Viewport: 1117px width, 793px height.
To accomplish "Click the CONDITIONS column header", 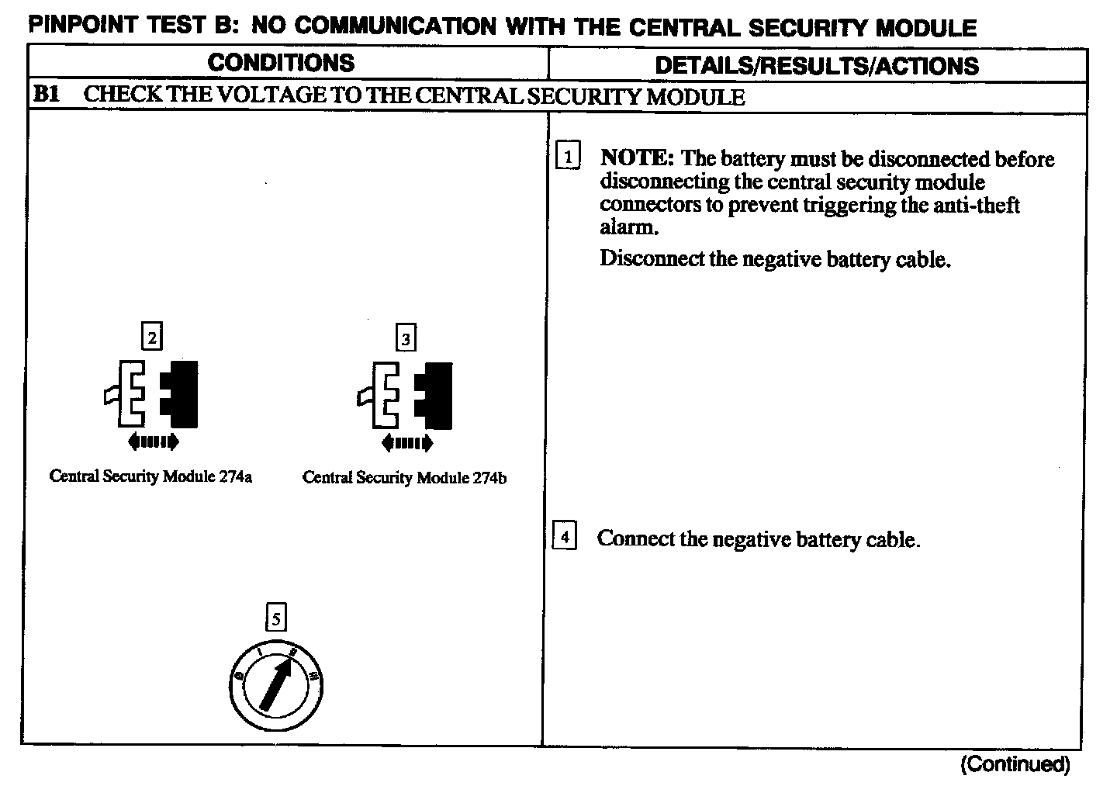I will (282, 63).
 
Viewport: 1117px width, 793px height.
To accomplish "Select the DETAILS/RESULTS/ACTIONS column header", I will (817, 65).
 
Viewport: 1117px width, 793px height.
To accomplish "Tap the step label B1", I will (47, 95).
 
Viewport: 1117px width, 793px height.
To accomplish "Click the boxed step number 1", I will (568, 158).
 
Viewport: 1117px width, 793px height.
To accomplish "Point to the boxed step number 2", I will (152, 337).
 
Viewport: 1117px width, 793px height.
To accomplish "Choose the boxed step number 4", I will (565, 537).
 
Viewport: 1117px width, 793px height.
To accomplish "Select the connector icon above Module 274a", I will (152, 394).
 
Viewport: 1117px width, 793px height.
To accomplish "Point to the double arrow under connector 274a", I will (153, 442).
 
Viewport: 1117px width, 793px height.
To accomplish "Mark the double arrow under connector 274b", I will (407, 443).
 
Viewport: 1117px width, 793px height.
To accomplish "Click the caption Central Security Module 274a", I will (150, 476).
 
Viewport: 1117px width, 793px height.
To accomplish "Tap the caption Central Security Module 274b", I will (405, 477).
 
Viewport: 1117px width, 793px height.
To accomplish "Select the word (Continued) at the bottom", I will (1015, 765).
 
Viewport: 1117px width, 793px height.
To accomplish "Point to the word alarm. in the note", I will (629, 228).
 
